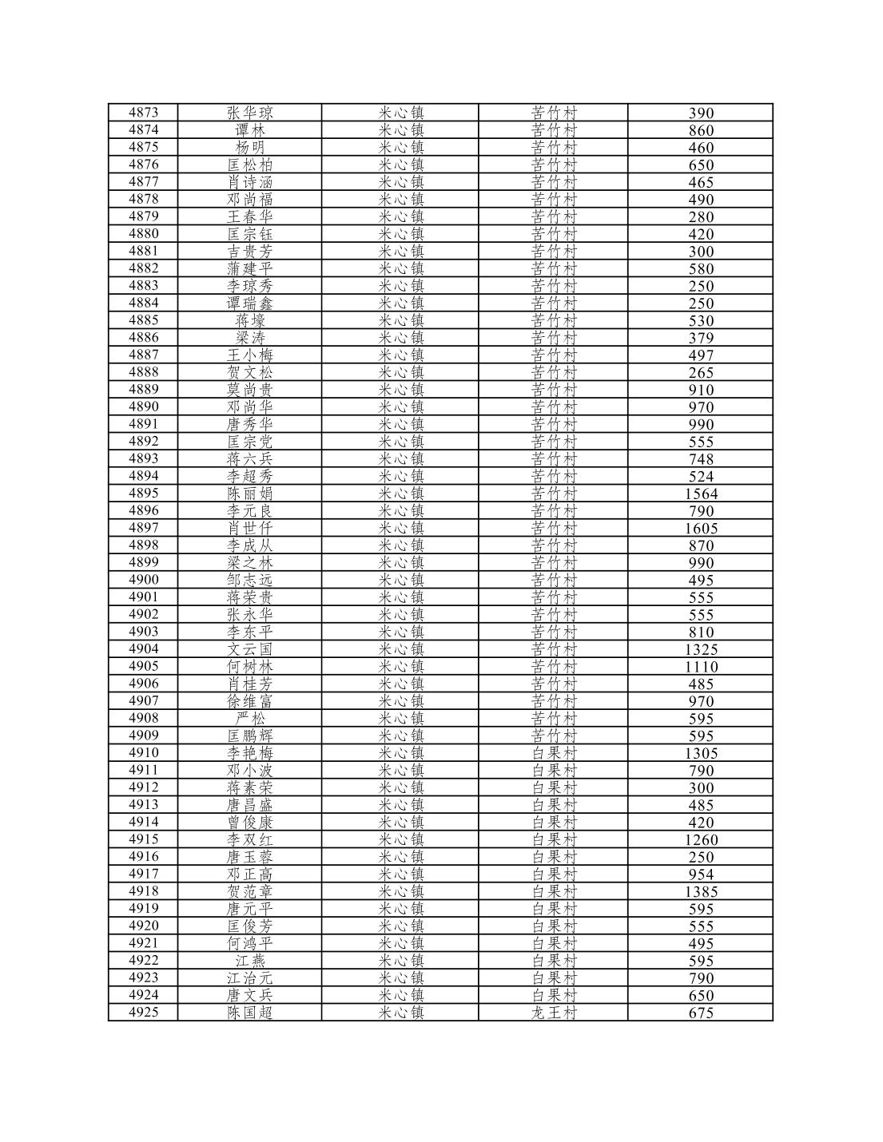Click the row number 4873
tap(143, 113)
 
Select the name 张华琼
tap(249, 113)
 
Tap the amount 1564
tap(701, 494)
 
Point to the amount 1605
tap(701, 528)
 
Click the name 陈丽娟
tap(249, 494)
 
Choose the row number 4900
tap(143, 580)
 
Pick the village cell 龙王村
tap(553, 1013)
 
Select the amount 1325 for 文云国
tap(701, 649)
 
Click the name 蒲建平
tap(249, 268)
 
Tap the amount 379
tap(701, 338)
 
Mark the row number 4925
tap(143, 1013)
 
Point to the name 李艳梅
tap(249, 753)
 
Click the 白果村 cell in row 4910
tap(553, 753)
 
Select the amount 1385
tap(701, 891)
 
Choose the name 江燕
tap(249, 961)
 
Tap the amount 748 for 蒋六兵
tap(701, 459)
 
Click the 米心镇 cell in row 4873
tap(400, 113)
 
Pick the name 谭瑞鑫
tap(249, 303)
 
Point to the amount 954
tap(701, 874)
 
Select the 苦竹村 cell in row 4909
tap(553, 736)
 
